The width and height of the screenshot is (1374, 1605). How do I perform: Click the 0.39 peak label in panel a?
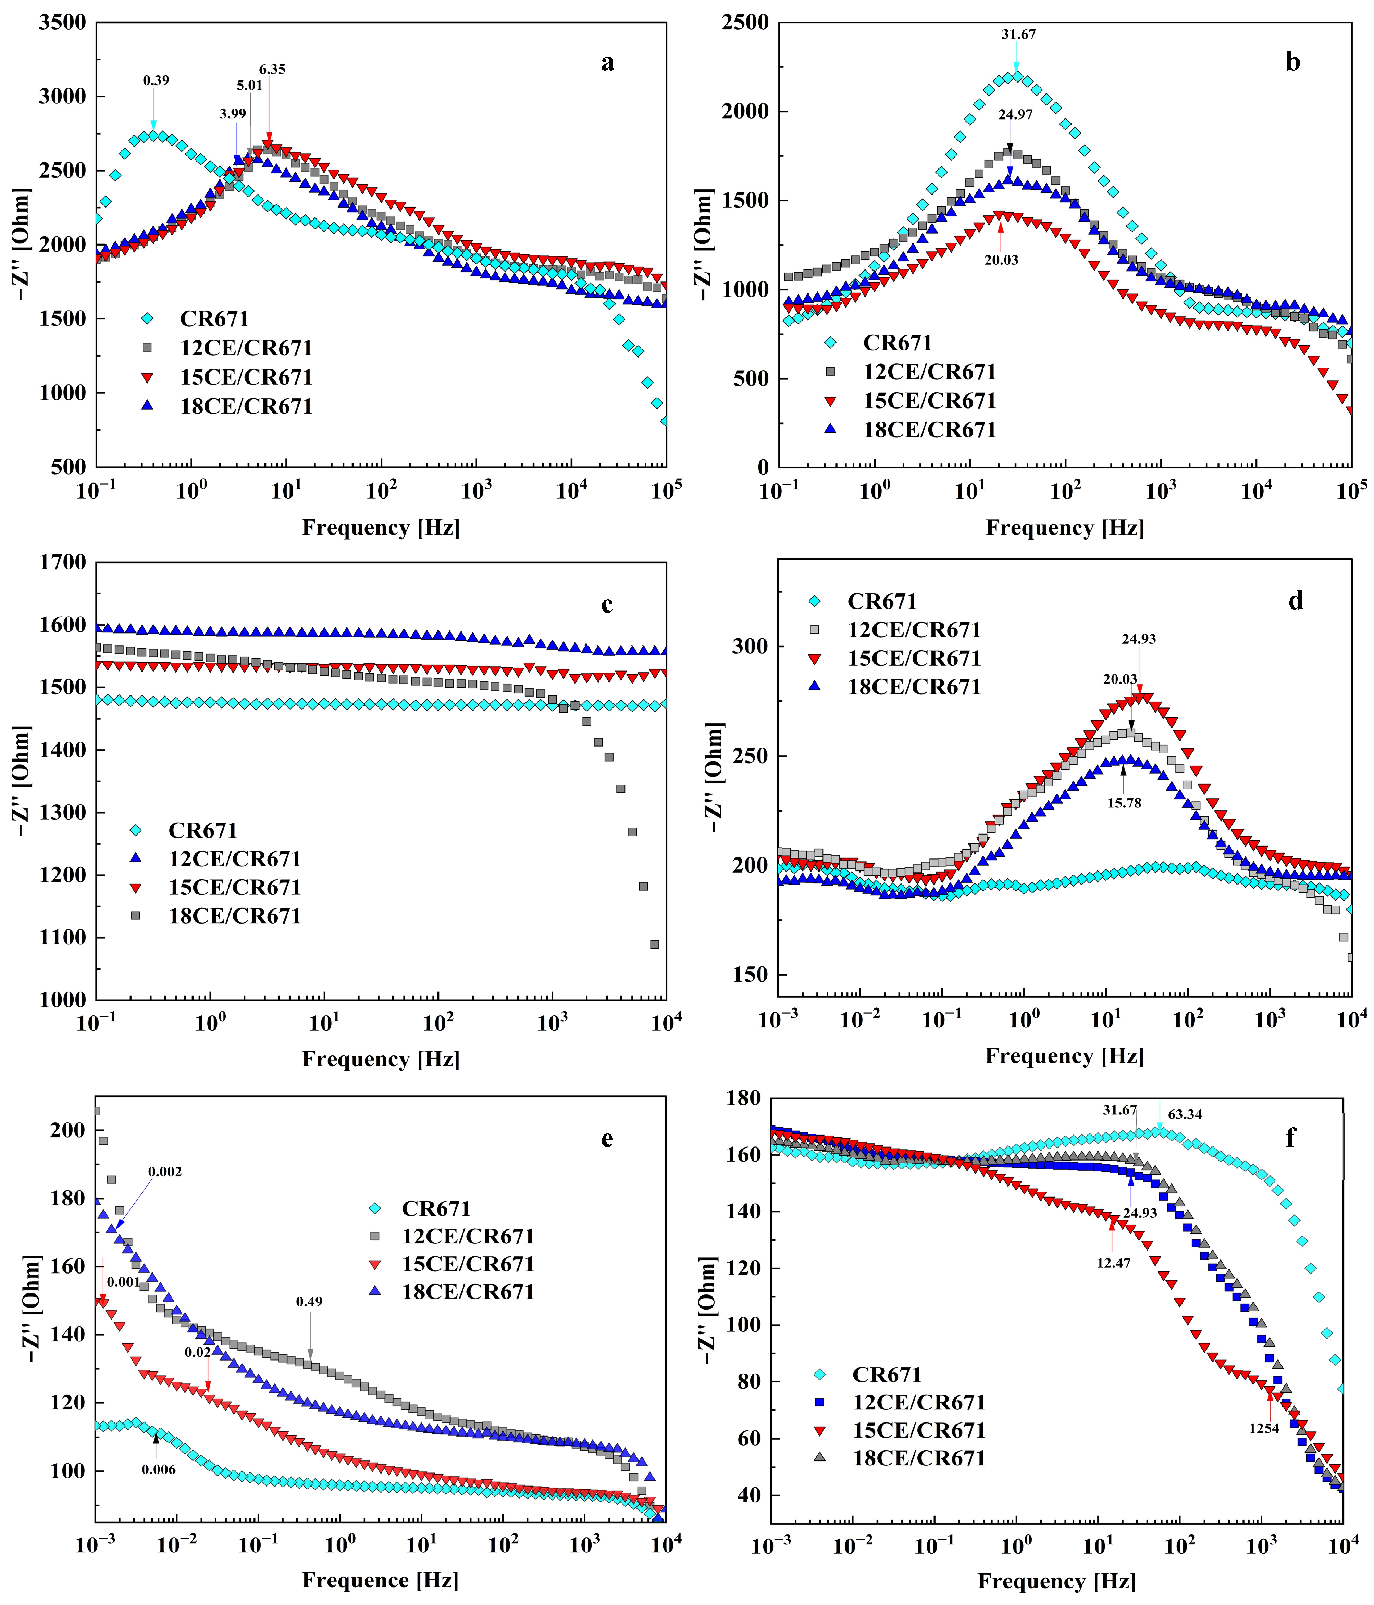click(156, 80)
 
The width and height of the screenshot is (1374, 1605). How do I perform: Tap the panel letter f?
click(1290, 1138)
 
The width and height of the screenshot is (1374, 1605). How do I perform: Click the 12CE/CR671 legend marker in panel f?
click(820, 1402)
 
